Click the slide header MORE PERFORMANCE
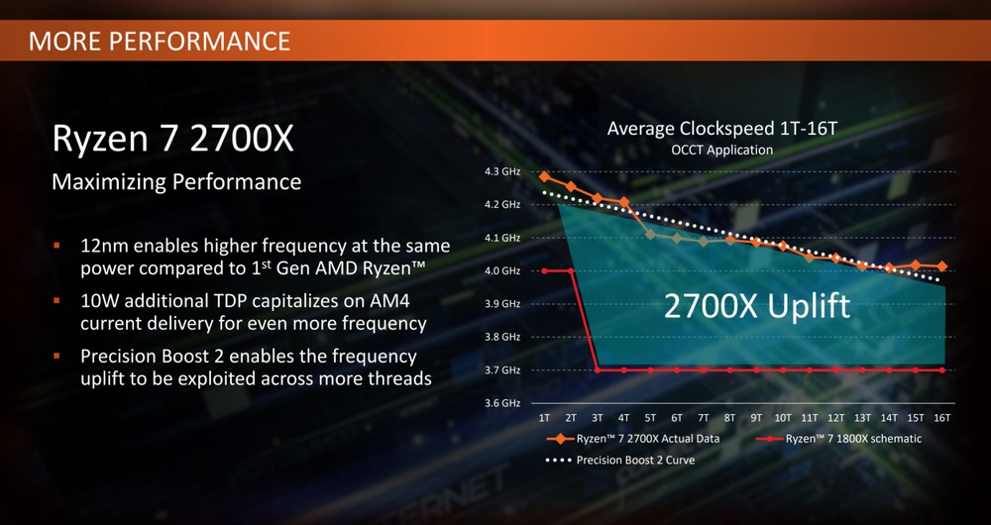[160, 41]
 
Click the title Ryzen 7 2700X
[172, 139]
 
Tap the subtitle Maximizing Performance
[176, 182]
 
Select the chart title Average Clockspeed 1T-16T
[721, 129]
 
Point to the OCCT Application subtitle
[721, 151]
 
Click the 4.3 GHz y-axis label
[503, 171]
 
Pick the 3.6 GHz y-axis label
[503, 403]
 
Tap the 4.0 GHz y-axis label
[503, 270]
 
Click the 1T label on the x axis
[544, 418]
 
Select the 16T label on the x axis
[942, 418]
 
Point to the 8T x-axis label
[730, 418]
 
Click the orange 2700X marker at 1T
[544, 176]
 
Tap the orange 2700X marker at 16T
[942, 266]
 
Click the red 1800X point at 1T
[544, 271]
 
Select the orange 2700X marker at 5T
[650, 235]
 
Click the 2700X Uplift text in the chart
[756, 306]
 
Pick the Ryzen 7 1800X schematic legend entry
[838, 439]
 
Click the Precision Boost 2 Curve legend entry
[620, 460]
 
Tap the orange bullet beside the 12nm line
[56, 245]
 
